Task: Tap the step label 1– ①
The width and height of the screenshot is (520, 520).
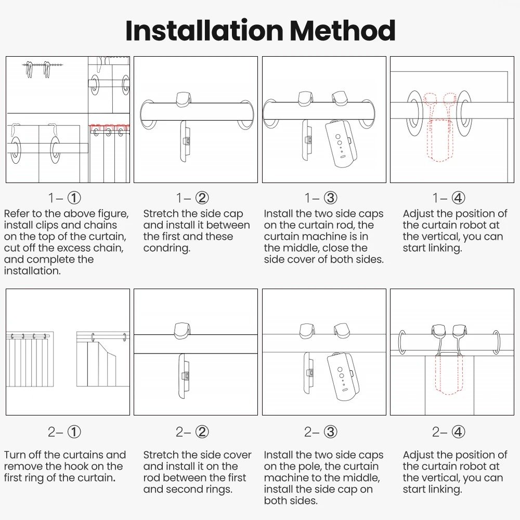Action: pos(65,198)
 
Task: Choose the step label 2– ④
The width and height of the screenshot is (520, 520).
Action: pos(448,432)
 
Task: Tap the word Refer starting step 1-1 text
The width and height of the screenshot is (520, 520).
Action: pos(18,214)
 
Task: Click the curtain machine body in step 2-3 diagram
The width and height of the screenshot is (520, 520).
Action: pos(343,378)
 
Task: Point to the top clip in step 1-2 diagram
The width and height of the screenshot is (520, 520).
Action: pos(184,99)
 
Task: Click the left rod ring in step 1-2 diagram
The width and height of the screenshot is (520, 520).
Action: pos(147,114)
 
